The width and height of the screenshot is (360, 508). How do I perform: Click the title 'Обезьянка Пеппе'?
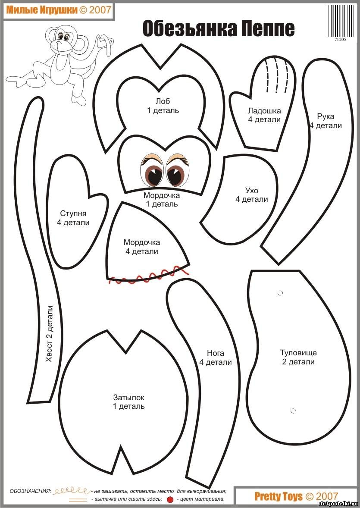(219, 29)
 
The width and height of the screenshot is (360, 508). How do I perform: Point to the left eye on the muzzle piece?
(153, 171)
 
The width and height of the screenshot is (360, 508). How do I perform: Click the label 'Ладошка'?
(264, 110)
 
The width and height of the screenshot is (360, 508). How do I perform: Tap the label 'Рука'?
(325, 116)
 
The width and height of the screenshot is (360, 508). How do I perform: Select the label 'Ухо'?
(251, 190)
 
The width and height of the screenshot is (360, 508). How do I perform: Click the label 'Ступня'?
(73, 213)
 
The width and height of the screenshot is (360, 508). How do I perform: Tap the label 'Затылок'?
(129, 397)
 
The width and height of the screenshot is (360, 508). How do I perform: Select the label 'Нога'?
(215, 353)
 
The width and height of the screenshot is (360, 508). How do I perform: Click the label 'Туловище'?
(298, 353)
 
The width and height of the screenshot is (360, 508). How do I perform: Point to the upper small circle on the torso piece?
(280, 293)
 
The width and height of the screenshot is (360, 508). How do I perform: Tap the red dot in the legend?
(170, 499)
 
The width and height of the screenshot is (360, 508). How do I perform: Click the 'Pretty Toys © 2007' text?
(296, 496)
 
